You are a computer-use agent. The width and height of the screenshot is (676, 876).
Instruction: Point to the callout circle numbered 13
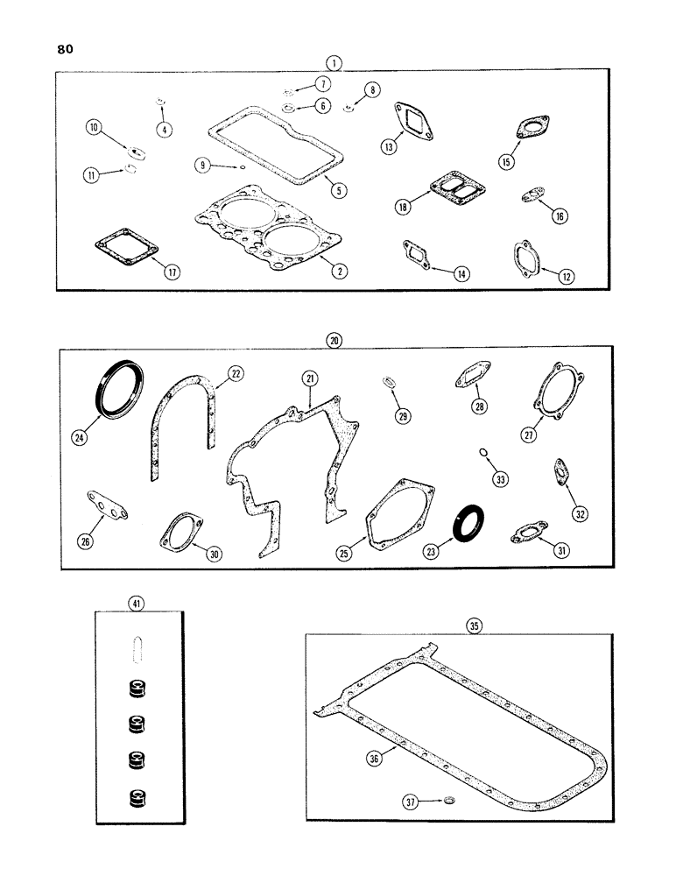[x=388, y=147]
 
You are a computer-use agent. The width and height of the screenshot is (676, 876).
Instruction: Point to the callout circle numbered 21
[x=309, y=378]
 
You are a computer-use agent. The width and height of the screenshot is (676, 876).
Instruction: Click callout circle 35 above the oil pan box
[x=474, y=625]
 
